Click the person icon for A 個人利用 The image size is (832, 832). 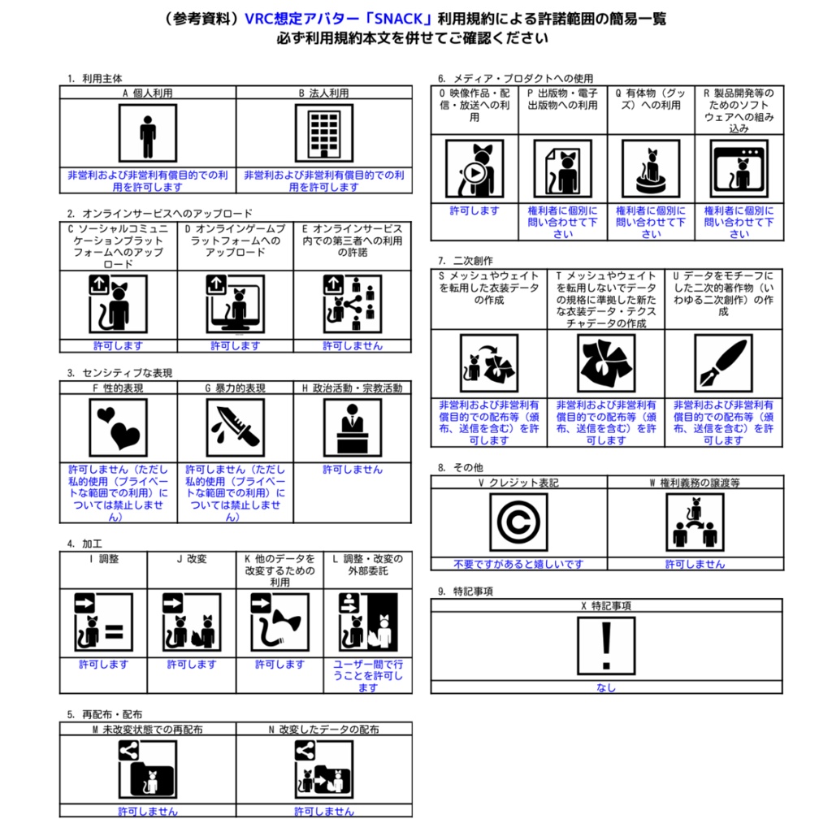pyautogui.click(x=147, y=134)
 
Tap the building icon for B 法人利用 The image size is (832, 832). pyautogui.click(x=324, y=134)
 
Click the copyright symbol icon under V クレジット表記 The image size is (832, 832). pyautogui.click(x=518, y=523)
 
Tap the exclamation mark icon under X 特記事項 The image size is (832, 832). pyautogui.click(x=606, y=647)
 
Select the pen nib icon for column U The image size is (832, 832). pyautogui.click(x=723, y=363)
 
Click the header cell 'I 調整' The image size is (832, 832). pyautogui.click(x=103, y=559)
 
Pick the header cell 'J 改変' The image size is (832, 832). pyautogui.click(x=192, y=559)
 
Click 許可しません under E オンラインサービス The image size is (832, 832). pyautogui.click(x=353, y=345)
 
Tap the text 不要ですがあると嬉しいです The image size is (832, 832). pyautogui.click(x=518, y=564)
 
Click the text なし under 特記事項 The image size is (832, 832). pyautogui.click(x=606, y=688)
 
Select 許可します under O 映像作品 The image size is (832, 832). pyautogui.click(x=474, y=210)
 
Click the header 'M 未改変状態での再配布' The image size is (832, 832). pyautogui.click(x=147, y=730)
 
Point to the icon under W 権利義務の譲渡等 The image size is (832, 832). pyautogui.click(x=695, y=523)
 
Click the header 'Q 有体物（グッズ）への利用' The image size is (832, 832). pyautogui.click(x=651, y=99)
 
